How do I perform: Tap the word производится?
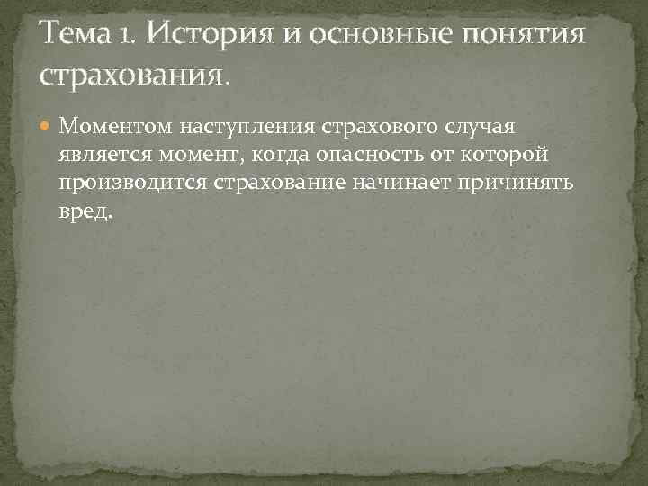[x=134, y=185]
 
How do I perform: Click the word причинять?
[x=522, y=185]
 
